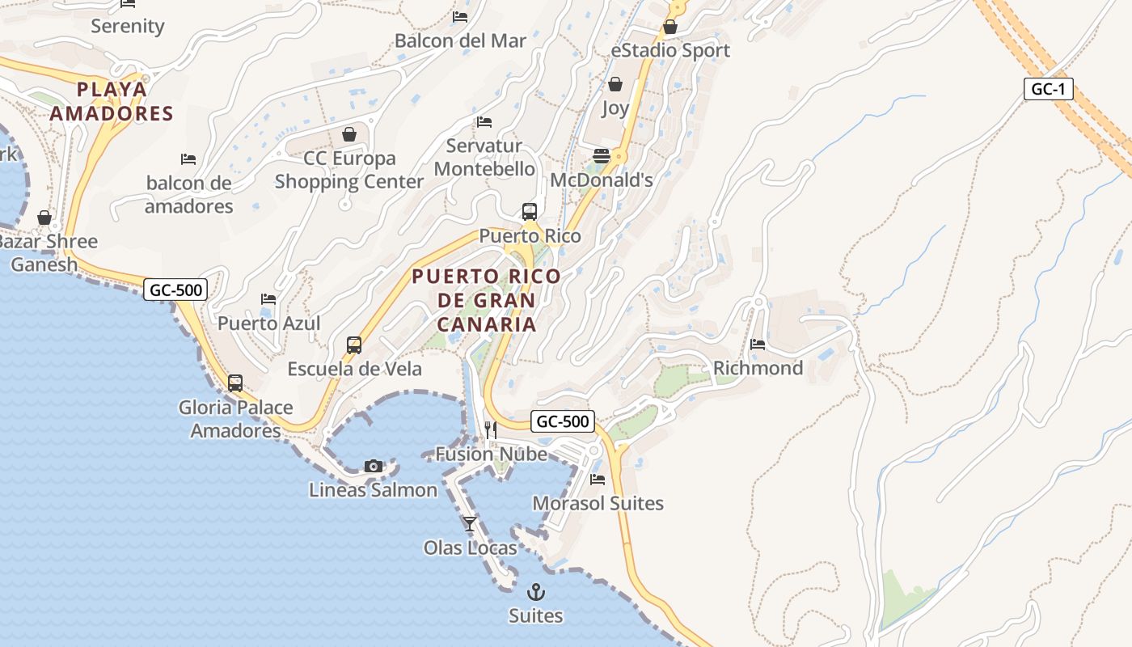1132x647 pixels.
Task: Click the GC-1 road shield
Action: [1048, 89]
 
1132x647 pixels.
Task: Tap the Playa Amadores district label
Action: [112, 101]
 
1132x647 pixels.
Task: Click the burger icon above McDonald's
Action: [601, 155]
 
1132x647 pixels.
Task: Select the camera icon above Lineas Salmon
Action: [373, 466]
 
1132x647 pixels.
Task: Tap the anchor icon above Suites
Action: [535, 592]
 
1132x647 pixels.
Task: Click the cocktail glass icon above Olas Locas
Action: [470, 524]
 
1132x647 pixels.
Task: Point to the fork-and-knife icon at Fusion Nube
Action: [491, 429]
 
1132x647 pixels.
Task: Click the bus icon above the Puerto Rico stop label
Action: [530, 212]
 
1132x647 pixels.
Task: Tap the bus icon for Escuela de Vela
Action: [354, 345]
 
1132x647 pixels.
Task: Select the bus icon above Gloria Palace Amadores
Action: [235, 383]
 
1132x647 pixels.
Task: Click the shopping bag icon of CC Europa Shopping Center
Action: [349, 134]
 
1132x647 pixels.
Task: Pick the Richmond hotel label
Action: [758, 368]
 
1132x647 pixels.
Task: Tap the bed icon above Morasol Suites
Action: [598, 480]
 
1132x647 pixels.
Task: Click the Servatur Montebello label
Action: [484, 158]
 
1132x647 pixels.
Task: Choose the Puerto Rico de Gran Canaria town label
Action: [486, 300]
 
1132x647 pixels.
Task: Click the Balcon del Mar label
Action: [460, 40]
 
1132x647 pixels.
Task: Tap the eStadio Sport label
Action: [670, 50]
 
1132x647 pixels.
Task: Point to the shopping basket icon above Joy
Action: [615, 84]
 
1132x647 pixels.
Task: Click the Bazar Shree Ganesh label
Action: [48, 252]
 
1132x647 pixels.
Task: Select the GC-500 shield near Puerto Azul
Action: [175, 290]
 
